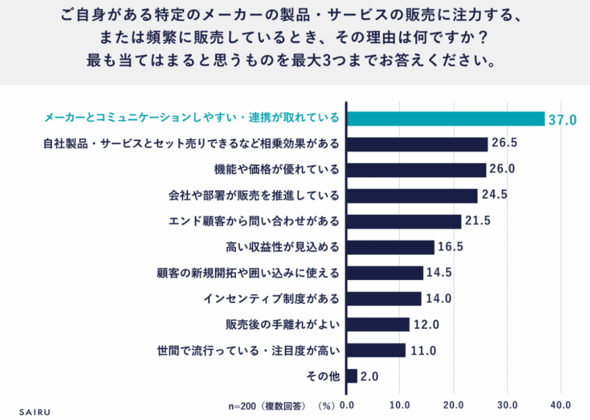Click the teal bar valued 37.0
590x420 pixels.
[x=445, y=119]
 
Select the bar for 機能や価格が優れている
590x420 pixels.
[x=415, y=170]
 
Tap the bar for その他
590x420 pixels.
[x=351, y=376]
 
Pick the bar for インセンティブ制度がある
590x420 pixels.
[x=384, y=299]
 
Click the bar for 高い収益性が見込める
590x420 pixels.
[x=390, y=247]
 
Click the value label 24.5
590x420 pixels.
[x=494, y=194]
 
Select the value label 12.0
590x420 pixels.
[x=427, y=325]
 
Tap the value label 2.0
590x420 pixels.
[x=369, y=377]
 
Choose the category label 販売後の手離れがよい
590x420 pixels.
[x=282, y=324]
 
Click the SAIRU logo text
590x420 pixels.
[x=35, y=412]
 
